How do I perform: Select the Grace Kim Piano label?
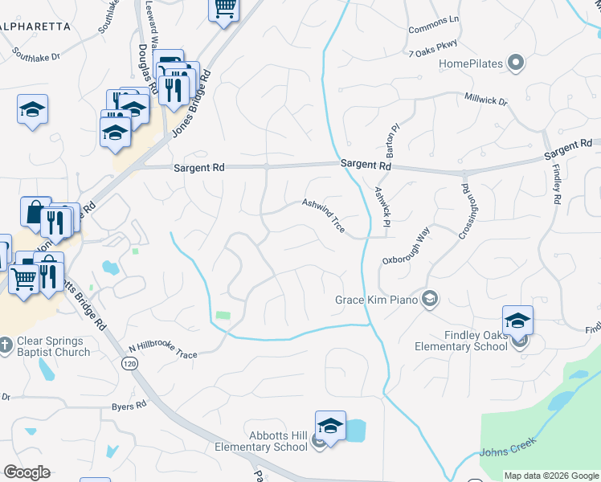pos(377,300)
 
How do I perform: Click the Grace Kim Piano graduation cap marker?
pos(430,300)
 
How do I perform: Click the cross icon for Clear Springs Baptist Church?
pos(6,345)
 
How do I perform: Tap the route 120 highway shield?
pos(129,364)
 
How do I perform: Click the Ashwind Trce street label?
pos(324,216)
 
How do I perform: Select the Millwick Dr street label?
pos(486,102)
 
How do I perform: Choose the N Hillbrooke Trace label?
pos(162,351)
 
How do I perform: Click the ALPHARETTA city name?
pos(36,27)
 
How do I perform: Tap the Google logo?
pos(27,472)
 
